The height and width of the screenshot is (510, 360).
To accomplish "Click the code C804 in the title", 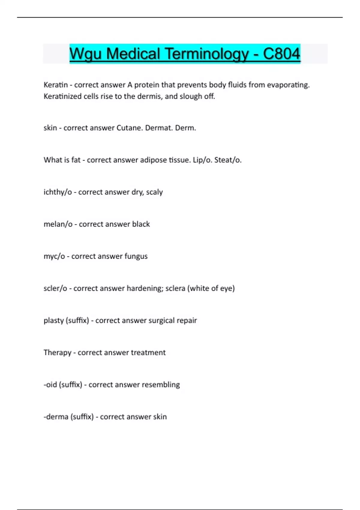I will (x=281, y=54).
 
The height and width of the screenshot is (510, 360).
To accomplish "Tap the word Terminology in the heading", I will (x=207, y=54).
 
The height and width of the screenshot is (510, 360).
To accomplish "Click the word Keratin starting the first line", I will (x=55, y=85).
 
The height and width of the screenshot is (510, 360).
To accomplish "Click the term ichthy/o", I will (x=58, y=192).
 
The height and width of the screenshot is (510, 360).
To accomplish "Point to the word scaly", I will (x=154, y=192).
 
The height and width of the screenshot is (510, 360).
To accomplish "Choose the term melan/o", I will (x=58, y=224).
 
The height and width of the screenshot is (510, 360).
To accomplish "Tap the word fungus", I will (x=136, y=256).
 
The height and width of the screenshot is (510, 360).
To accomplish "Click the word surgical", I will (x=162, y=320).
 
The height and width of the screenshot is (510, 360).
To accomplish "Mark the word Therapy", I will (x=57, y=352).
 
